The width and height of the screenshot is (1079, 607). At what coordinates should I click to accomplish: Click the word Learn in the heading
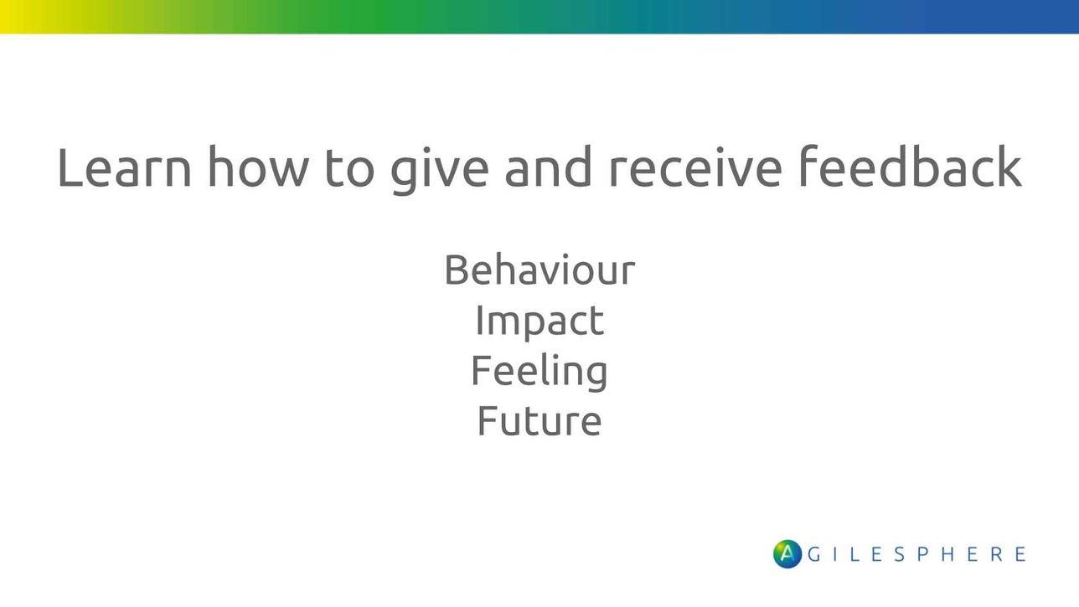click(125, 167)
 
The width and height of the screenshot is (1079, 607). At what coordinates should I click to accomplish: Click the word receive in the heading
click(695, 167)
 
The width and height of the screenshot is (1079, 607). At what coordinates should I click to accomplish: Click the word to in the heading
click(349, 168)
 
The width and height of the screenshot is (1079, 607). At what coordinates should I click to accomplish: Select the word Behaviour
click(539, 270)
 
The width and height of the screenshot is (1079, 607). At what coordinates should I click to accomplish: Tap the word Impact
click(539, 322)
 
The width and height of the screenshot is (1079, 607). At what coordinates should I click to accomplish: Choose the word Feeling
click(539, 372)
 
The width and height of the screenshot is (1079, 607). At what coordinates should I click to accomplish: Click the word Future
click(539, 420)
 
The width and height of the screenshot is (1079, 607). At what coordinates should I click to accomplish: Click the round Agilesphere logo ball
click(787, 553)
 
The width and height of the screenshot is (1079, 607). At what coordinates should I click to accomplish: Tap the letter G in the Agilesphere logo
click(814, 554)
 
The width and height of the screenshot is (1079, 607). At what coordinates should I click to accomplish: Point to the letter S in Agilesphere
click(900, 554)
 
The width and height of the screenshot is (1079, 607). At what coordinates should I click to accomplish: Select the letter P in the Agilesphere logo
click(923, 554)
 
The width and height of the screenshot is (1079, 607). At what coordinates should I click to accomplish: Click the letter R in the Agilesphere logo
click(997, 554)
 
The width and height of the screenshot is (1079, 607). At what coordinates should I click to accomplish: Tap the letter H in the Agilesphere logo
click(947, 554)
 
